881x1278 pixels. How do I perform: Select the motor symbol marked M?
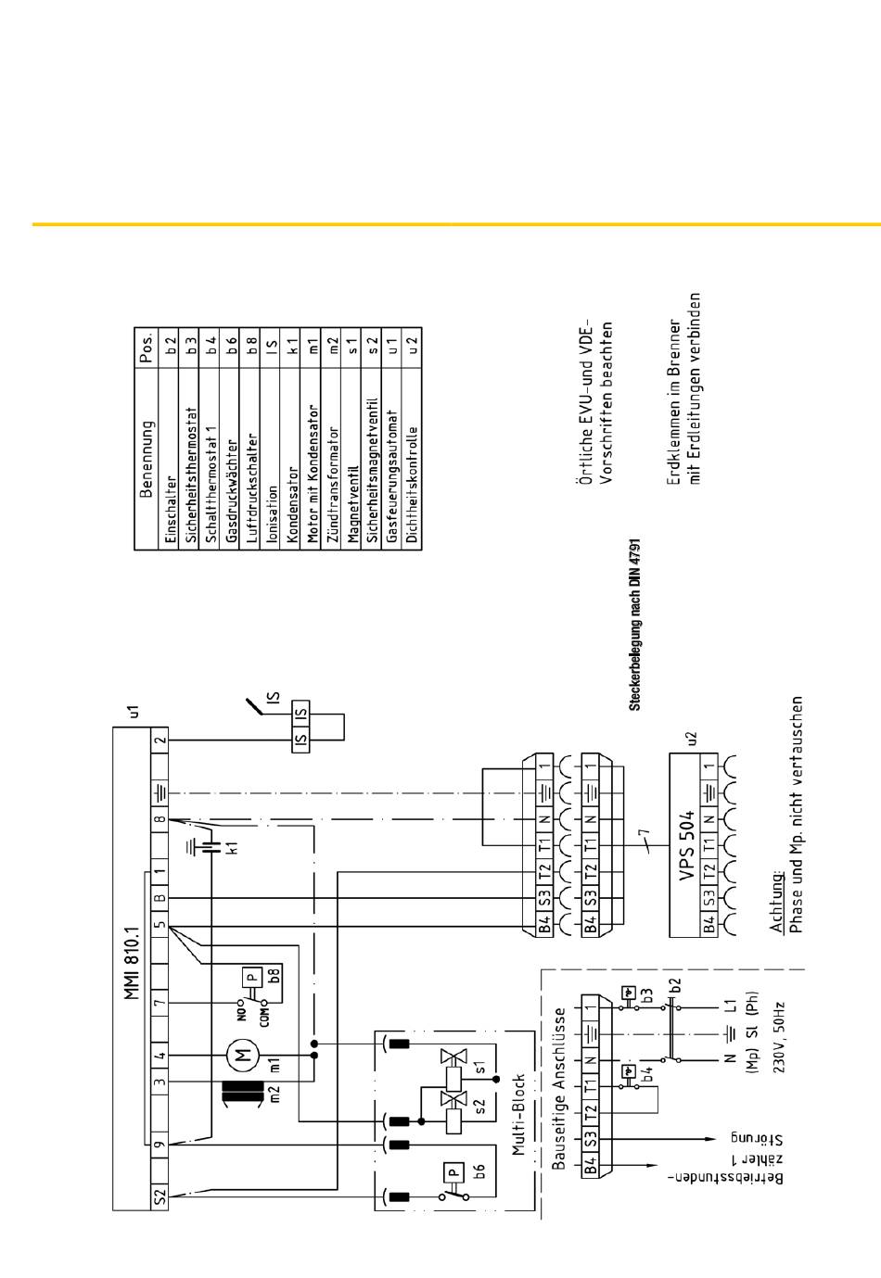(x=244, y=1054)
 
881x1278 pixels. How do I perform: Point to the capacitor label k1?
(x=233, y=846)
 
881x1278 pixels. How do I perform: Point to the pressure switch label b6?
(x=479, y=1170)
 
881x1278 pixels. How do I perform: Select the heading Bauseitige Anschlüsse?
(x=559, y=1089)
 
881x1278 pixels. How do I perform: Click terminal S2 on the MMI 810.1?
(x=160, y=1197)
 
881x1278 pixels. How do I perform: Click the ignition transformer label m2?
(x=274, y=1094)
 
